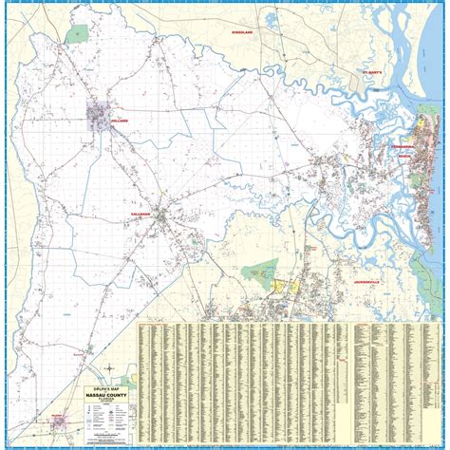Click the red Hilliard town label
(x=119, y=122)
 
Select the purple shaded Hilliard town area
(x=98, y=119)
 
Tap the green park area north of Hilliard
(x=75, y=34)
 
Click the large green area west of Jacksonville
(x=259, y=275)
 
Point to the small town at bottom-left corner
(x=60, y=421)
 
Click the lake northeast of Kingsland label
(x=272, y=19)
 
